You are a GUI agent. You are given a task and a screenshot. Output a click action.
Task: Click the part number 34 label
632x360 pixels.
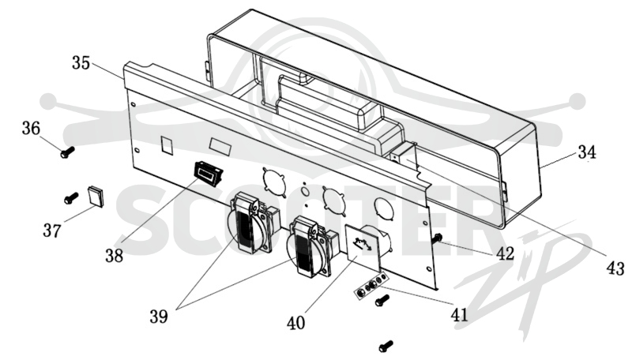(x=587, y=152)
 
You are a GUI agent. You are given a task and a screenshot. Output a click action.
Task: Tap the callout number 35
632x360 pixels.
(x=81, y=63)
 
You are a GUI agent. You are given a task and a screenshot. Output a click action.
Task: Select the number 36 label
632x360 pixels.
(x=31, y=129)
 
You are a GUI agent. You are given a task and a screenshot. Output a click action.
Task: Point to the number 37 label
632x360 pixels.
(x=52, y=231)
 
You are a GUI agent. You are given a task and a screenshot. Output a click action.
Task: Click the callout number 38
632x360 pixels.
(x=114, y=255)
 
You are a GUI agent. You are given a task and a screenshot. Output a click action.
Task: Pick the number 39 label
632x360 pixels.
(x=159, y=317)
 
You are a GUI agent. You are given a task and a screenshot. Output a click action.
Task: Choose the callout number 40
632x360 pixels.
(x=295, y=323)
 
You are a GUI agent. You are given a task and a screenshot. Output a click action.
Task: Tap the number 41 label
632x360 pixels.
(x=460, y=315)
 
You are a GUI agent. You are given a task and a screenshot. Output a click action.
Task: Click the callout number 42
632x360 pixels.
(x=505, y=253)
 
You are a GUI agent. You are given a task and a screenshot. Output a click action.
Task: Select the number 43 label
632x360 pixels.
(x=615, y=268)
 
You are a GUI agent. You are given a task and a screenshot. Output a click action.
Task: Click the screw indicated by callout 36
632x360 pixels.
(x=67, y=152)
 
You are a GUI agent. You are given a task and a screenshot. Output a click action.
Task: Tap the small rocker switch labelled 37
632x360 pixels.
(x=96, y=196)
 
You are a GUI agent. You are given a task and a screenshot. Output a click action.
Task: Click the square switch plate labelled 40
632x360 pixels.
(x=363, y=248)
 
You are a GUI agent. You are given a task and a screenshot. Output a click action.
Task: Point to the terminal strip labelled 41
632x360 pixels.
(x=371, y=286)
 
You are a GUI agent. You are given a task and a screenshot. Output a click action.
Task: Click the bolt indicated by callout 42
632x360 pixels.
(x=437, y=238)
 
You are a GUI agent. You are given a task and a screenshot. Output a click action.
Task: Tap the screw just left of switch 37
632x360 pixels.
(x=71, y=197)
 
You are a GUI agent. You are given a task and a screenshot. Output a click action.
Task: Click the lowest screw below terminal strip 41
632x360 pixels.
(x=386, y=346)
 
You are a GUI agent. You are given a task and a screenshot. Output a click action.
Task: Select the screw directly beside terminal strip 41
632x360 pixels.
(x=382, y=300)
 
